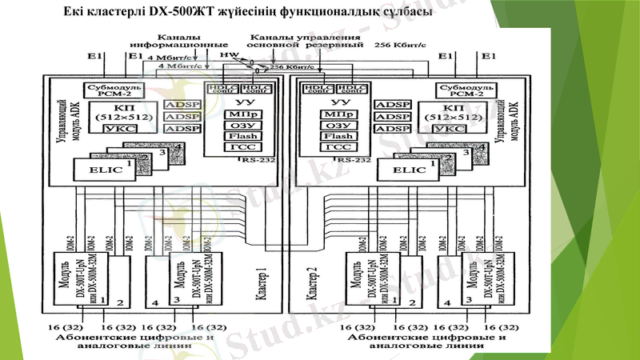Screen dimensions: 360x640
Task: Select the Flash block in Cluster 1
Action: (x=237, y=136)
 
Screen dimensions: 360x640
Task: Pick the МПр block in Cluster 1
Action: (x=237, y=114)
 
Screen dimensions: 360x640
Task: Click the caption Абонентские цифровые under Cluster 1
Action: (x=137, y=338)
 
